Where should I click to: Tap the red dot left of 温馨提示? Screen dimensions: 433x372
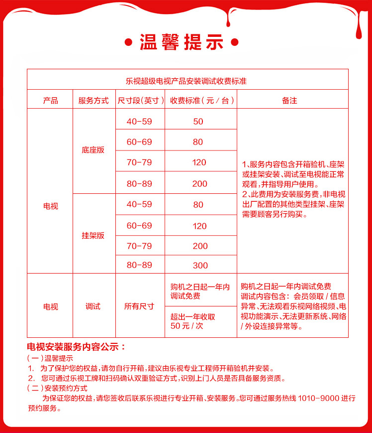[x=128, y=42]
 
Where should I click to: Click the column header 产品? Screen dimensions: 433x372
[x=50, y=100]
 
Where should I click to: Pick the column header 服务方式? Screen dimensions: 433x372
[x=93, y=100]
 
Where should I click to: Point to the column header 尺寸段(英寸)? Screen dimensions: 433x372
[x=140, y=100]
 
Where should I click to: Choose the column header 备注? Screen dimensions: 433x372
[x=289, y=100]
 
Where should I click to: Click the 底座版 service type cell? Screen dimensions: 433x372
[x=93, y=149]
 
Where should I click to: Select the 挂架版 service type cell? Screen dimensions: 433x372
[x=93, y=236]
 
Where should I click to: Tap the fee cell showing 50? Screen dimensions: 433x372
[x=198, y=122]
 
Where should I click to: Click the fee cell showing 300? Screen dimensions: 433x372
[x=199, y=265]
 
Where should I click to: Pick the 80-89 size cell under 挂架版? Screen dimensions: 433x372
[x=139, y=265]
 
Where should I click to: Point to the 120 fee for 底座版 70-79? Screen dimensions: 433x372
[x=199, y=162]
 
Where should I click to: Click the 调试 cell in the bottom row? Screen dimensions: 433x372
[x=93, y=306]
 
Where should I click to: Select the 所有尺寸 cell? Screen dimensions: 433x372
[x=139, y=306]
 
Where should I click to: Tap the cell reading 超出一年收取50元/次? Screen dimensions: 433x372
[x=193, y=321]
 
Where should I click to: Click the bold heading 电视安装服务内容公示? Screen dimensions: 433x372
[x=77, y=346]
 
